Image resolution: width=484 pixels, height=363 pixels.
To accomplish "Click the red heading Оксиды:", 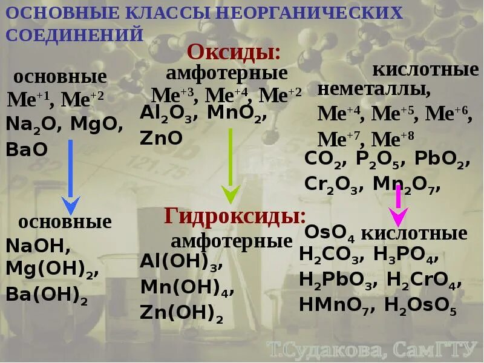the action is click(234, 52).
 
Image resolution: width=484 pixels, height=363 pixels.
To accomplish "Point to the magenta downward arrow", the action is click(399, 206).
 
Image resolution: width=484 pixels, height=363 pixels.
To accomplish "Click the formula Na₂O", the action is click(33, 126).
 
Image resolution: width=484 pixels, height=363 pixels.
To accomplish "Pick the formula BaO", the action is click(27, 149).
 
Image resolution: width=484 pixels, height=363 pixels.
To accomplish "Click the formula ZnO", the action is click(161, 137).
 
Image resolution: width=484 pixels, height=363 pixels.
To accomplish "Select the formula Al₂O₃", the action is click(169, 113).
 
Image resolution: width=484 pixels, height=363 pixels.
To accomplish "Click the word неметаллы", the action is click(374, 91).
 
